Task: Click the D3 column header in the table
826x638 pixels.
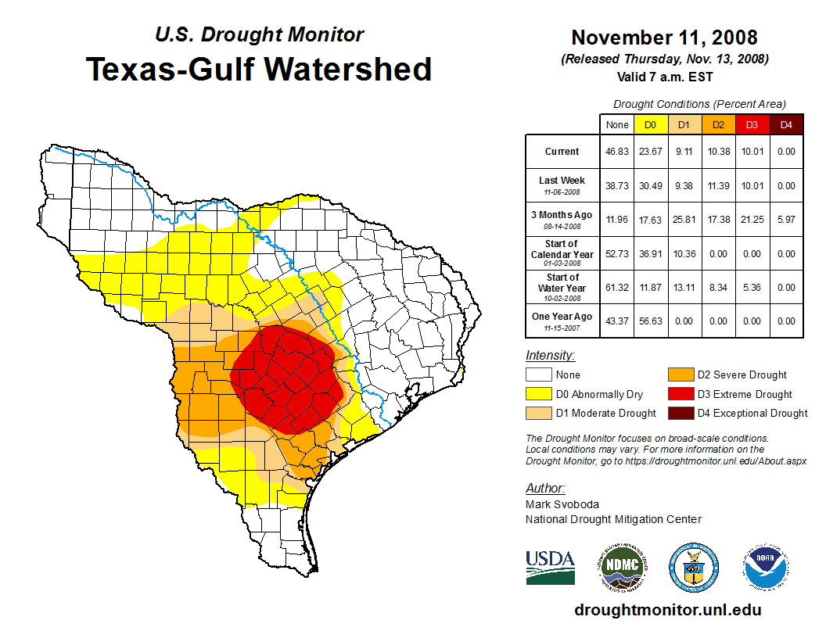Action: (752, 125)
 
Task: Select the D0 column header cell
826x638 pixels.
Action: (650, 125)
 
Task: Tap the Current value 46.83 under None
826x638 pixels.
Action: (617, 152)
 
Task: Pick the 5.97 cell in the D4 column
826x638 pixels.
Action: (786, 220)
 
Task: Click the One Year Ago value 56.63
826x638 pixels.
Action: (650, 321)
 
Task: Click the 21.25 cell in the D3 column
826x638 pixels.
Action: (752, 220)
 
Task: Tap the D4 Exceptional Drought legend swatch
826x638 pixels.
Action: (680, 413)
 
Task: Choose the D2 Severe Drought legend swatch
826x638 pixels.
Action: (680, 375)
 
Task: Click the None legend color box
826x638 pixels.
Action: (538, 375)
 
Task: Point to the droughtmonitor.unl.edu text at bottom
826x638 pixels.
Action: (667, 610)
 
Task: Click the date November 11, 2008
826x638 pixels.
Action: (664, 38)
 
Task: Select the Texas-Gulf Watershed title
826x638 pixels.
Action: (258, 69)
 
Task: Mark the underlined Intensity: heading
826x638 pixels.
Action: (550, 356)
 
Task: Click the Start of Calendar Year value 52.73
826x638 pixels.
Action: (617, 254)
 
